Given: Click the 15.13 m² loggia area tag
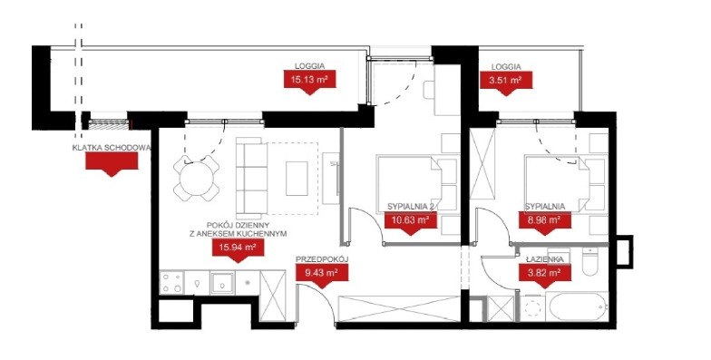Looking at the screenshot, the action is pos(310,82).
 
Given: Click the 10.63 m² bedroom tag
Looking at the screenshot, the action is pos(411,223).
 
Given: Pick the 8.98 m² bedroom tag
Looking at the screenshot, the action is pos(544,223).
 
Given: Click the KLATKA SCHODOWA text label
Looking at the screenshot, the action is pos(112,147).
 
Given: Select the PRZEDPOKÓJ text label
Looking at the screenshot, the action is pos(321,259).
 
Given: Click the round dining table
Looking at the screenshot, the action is pos(196,179).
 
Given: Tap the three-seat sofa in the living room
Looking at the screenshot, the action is pos(251,178).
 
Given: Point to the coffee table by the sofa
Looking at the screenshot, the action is pos(297,178).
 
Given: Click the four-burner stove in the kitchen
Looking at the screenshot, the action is pos(172,282).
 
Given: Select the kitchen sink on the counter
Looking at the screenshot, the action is pos(222,283).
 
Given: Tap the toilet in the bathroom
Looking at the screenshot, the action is pos(589,262).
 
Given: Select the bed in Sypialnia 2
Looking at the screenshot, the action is pos(410,184).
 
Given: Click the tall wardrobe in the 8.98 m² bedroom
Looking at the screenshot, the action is pos(482,164).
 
